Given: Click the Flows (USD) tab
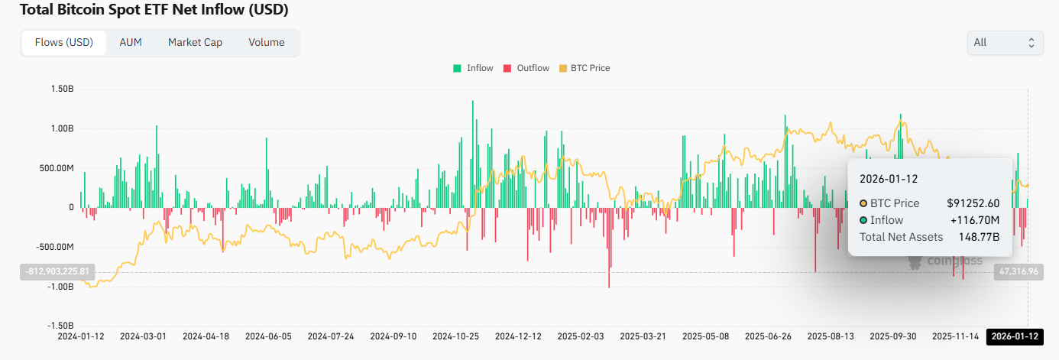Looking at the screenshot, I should coord(64,43).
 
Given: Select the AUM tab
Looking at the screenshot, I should coord(131,43).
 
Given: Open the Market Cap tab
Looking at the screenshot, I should coord(195,43).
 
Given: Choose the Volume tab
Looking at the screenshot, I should coord(266,43).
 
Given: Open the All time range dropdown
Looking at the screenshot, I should coord(1005,43).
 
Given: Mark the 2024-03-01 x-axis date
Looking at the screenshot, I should coord(143,336).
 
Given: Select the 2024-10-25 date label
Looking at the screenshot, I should coord(455,336).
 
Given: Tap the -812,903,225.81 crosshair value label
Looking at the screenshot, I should coord(56,271).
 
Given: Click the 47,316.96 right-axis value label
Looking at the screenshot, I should coord(1018,271).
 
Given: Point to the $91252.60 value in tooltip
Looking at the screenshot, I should coord(973,203).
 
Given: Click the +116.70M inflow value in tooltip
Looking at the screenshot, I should coord(975,220).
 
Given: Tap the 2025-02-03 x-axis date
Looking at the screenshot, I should coord(581,336).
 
